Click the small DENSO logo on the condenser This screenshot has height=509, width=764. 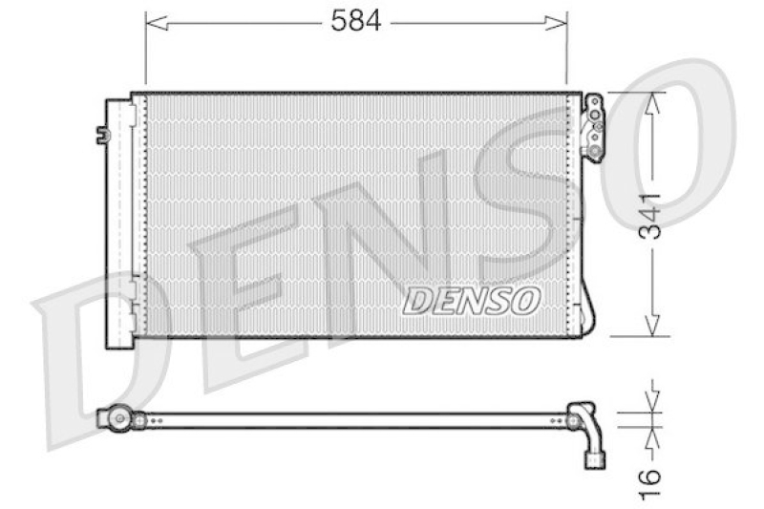[x=472, y=301]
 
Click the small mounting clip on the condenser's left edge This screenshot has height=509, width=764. [x=102, y=135]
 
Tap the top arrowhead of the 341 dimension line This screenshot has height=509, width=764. [x=652, y=103]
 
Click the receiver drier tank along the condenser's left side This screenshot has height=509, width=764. [x=119, y=220]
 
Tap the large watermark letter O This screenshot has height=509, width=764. [x=668, y=143]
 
